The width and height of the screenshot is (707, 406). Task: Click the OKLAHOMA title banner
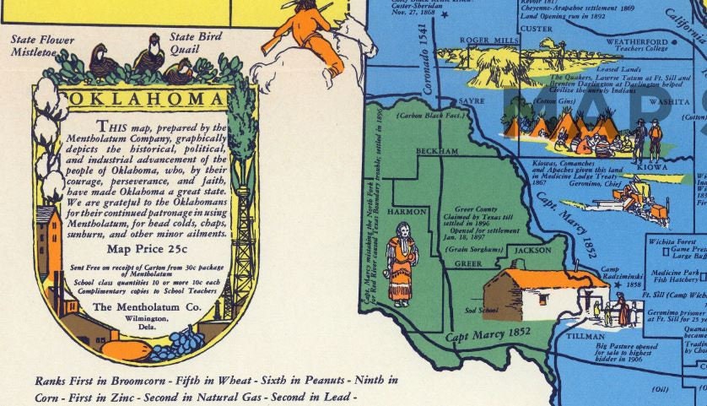[145, 100]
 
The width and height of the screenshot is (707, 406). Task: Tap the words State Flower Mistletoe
[43, 46]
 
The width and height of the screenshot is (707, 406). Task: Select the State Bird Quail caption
[195, 43]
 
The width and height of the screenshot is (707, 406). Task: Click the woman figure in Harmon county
[402, 263]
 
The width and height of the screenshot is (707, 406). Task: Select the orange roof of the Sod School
[540, 278]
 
